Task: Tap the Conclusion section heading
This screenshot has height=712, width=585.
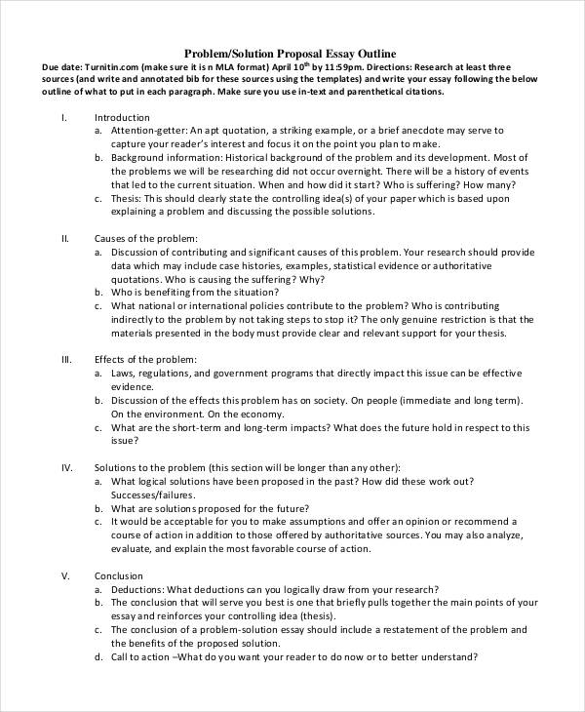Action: [118, 575]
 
